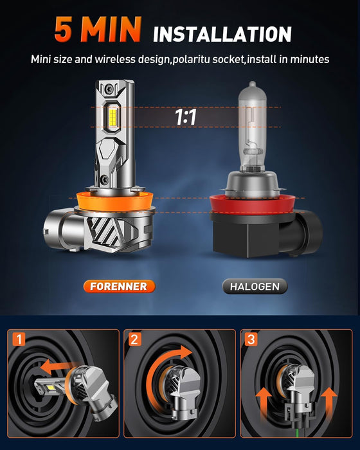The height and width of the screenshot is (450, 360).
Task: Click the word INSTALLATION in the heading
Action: (222, 33)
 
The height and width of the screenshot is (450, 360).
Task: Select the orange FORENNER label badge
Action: (118, 286)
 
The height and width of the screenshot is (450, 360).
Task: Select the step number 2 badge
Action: (134, 339)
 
